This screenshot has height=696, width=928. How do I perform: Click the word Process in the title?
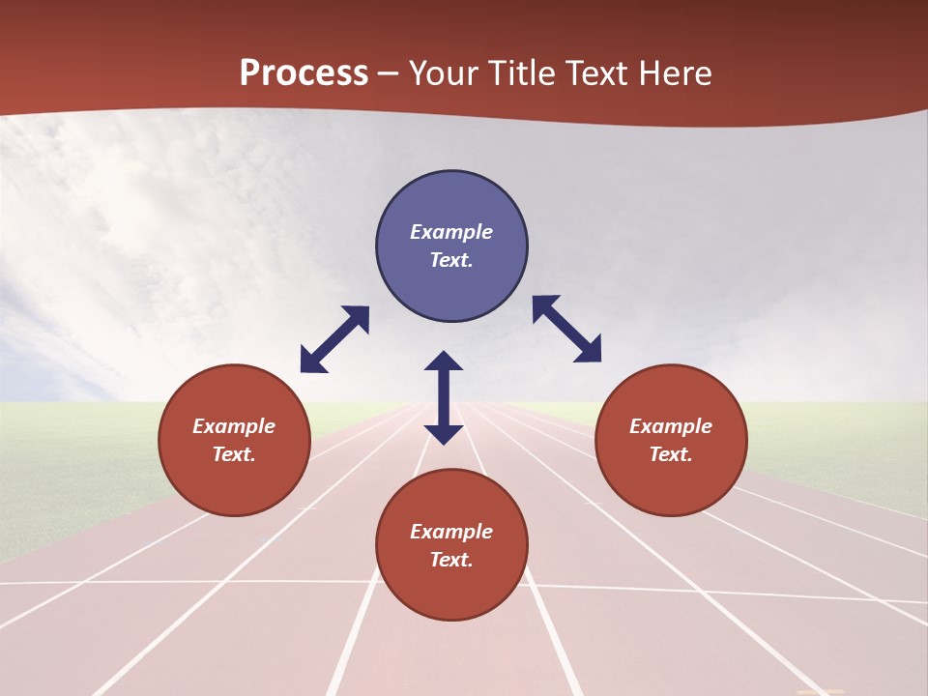[x=304, y=73]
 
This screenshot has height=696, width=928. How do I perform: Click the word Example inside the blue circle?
[x=451, y=232]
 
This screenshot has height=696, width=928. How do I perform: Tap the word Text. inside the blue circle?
[x=451, y=260]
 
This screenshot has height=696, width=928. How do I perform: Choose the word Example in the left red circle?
[x=234, y=426]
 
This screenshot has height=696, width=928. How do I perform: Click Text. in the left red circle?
[x=234, y=454]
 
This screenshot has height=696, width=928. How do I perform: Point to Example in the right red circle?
[x=671, y=426]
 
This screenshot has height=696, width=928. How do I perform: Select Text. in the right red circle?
[x=671, y=454]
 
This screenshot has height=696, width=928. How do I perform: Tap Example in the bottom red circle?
[x=451, y=532]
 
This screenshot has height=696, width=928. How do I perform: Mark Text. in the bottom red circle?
[x=451, y=560]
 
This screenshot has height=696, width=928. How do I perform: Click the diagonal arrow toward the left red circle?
[x=334, y=339]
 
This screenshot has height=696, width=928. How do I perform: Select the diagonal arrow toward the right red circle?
[x=566, y=329]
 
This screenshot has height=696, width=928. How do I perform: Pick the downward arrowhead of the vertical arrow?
[x=444, y=433]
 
